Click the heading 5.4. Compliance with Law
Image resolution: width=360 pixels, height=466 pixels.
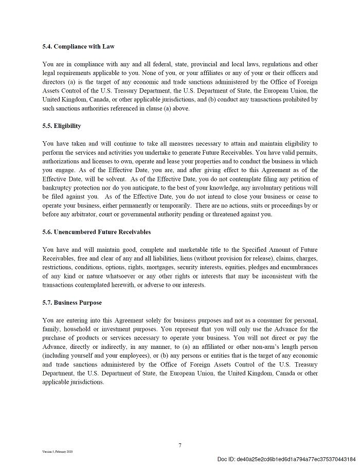coord(78,46)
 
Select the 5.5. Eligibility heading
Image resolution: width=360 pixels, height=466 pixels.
coord(62,126)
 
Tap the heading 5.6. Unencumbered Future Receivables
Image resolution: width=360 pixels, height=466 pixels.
coord(96,232)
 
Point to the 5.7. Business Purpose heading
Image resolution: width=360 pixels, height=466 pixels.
coord(72,303)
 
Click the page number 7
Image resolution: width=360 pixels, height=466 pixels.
coord(179,445)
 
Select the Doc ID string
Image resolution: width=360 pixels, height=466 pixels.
coord(286,459)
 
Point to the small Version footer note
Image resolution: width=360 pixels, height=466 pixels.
coord(58,451)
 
